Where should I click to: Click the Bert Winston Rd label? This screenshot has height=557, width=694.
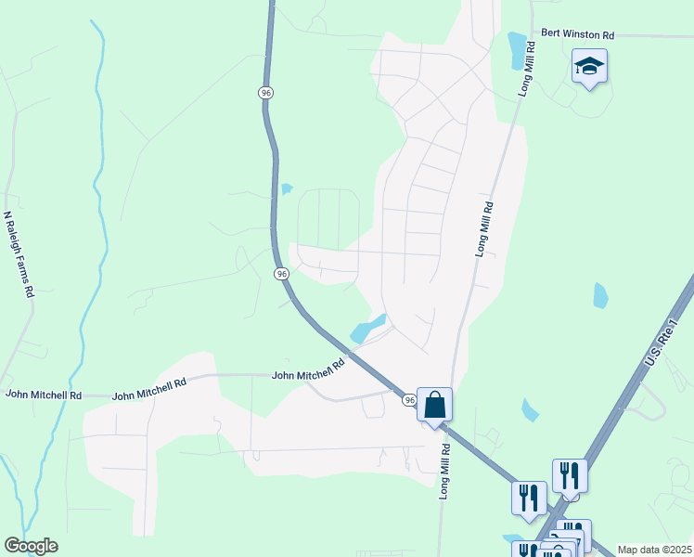pos(578,35)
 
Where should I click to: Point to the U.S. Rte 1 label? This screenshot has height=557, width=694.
pos(659,342)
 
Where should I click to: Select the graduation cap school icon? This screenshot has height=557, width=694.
pos(589,67)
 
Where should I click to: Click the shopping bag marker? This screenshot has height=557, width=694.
pos(434,405)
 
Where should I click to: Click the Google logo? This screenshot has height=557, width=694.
pos(31,546)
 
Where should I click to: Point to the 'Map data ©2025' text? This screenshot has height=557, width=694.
pos(654,550)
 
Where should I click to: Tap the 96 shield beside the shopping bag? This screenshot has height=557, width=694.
pos(409,399)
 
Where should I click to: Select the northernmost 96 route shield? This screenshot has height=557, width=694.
pos(265,92)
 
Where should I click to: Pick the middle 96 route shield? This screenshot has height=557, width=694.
pos(282,274)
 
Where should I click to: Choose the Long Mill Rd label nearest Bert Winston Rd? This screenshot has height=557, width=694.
pos(525,71)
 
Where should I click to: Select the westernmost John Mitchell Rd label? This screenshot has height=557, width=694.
pos(44,395)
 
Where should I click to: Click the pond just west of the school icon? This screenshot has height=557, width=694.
pos(517,50)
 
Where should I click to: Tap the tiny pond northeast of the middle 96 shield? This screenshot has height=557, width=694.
pos(287,189)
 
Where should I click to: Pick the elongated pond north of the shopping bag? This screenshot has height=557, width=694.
pos(366,328)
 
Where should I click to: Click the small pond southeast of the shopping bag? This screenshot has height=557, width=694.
pos(530,409)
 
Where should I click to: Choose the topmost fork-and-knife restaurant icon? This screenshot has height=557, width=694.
pos(568,475)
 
